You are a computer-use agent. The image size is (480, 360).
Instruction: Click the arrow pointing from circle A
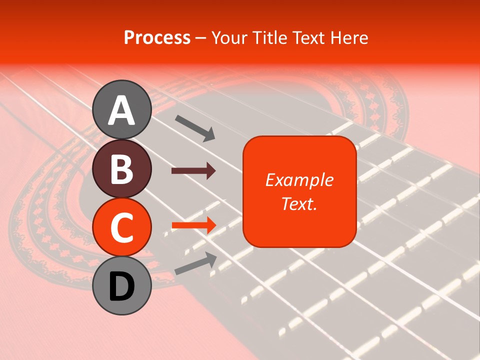click(x=195, y=127)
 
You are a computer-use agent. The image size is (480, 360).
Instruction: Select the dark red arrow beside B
click(x=193, y=171)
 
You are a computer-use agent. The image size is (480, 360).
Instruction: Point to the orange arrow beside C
click(x=193, y=225)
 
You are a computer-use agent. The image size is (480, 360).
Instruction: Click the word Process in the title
click(x=157, y=38)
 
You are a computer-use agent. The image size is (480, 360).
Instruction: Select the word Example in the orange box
click(x=299, y=180)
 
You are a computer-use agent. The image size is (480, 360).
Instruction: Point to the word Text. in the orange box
click(x=299, y=203)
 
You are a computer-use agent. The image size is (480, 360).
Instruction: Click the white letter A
click(x=121, y=110)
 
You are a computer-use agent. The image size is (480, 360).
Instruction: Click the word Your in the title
click(x=230, y=38)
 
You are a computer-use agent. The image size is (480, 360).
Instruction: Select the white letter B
click(x=121, y=169)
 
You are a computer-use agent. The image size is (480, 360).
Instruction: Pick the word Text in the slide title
click(x=309, y=38)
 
